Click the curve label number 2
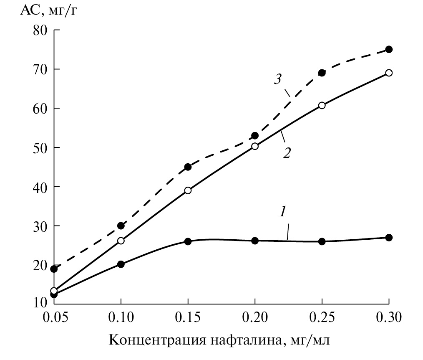click(x=287, y=152)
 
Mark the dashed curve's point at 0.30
click(x=389, y=49)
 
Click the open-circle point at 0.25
click(x=322, y=105)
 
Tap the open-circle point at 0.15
click(x=188, y=190)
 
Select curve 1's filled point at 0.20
click(x=255, y=241)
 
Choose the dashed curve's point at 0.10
click(x=121, y=226)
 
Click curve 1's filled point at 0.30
click(x=389, y=238)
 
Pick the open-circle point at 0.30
click(x=389, y=73)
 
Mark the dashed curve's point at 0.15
click(x=188, y=167)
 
